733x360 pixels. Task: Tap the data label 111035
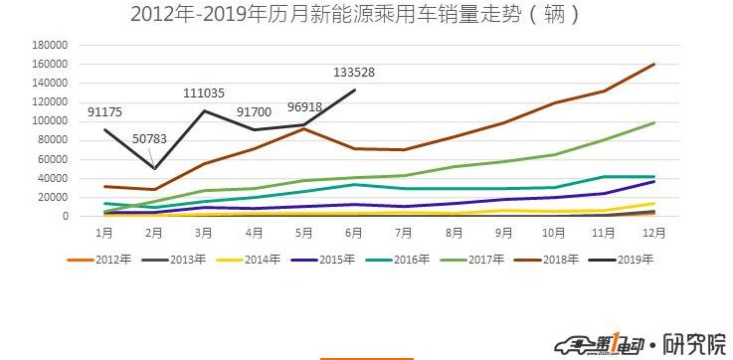point(206,92)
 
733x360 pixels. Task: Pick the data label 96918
point(309,106)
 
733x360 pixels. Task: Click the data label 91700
point(258,112)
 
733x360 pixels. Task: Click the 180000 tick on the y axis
point(48,46)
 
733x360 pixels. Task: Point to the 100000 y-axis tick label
point(48,121)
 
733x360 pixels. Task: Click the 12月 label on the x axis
point(654,232)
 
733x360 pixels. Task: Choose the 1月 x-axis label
point(104,232)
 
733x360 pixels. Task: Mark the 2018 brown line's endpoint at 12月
point(654,65)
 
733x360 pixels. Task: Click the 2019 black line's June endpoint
point(355,90)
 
